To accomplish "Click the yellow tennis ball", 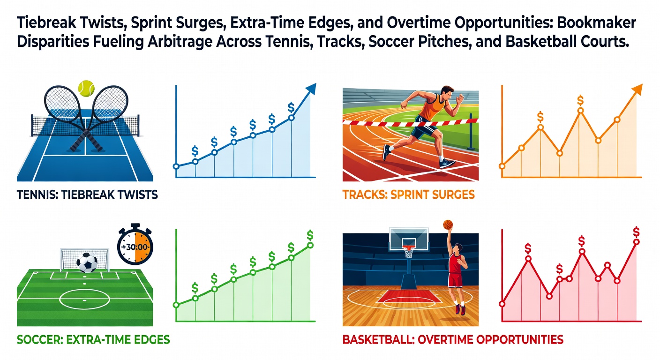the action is tap(86, 89).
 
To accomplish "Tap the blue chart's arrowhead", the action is tap(311, 89).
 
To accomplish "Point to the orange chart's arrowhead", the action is tap(637, 90).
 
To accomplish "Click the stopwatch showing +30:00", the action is tap(135, 244).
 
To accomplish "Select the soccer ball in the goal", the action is tap(87, 262).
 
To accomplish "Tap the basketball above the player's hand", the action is tap(448, 225).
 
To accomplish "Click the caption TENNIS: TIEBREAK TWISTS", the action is tap(87, 195).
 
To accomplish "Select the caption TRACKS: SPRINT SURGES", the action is tap(408, 195).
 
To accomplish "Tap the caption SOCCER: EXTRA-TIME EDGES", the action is tap(93, 340).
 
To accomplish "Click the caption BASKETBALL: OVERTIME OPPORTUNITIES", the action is tap(453, 340).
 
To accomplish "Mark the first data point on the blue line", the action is tap(176, 166).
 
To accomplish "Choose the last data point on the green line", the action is tap(310, 246).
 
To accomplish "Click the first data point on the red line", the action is tap(502, 304).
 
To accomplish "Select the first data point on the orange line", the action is tap(502, 166).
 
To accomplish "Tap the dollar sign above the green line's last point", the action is tap(310, 235).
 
